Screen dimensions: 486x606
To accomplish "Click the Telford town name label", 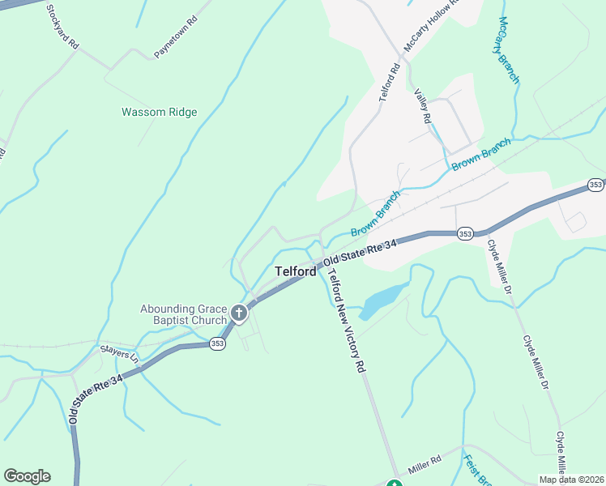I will [x=295, y=272].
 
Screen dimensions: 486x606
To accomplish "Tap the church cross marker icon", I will [x=239, y=313].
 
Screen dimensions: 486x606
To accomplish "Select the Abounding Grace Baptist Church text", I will [x=183, y=314].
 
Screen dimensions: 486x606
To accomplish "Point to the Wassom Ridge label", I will [x=159, y=113].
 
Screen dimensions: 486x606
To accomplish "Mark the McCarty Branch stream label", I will [x=508, y=49].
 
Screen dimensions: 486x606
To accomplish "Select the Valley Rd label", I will [x=422, y=106].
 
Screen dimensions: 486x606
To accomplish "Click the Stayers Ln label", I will [x=120, y=353].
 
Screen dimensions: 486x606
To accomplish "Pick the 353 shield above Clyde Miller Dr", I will [x=464, y=234].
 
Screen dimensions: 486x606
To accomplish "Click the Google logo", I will [x=27, y=476].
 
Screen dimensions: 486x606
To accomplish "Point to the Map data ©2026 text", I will [x=571, y=480].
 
